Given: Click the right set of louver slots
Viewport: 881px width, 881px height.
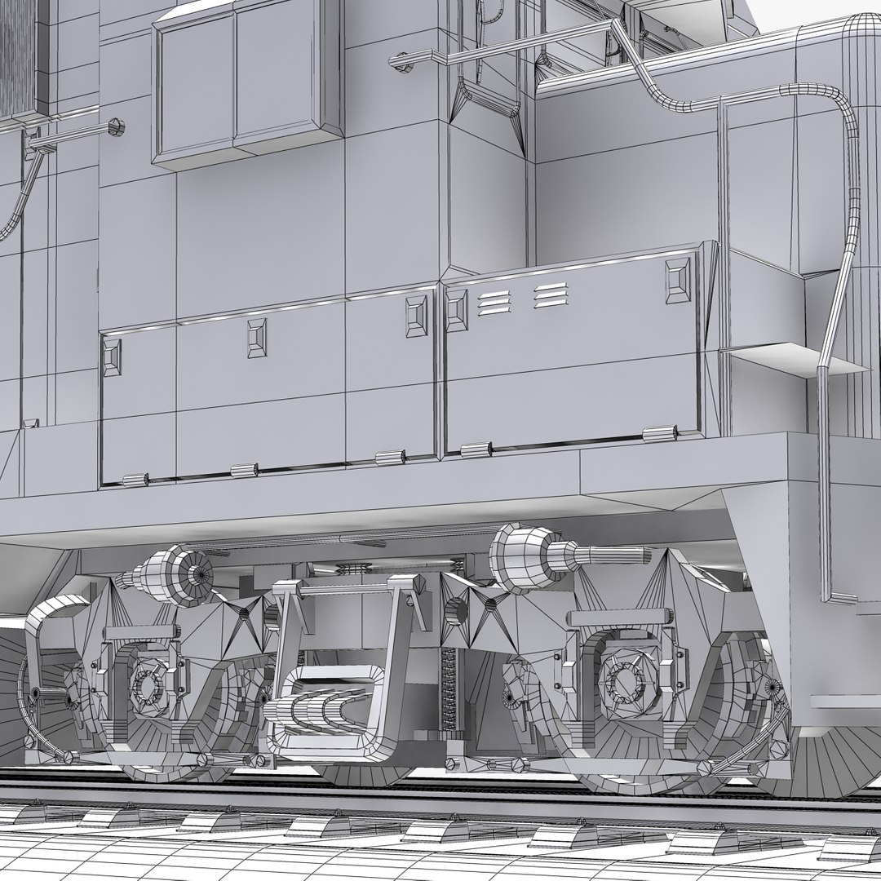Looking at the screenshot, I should pos(551,295).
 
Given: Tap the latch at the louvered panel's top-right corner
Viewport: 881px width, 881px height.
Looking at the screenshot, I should pos(678,280).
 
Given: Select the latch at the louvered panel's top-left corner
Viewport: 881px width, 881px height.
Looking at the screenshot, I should pos(457,311).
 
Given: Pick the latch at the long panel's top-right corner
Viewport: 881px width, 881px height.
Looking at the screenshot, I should pos(417,317).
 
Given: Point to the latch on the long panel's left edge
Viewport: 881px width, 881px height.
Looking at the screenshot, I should pos(112,357).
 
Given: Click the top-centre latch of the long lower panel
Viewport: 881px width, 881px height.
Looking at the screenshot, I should pos(258,337).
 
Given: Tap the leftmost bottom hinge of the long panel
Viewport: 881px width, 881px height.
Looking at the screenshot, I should pos(135,480).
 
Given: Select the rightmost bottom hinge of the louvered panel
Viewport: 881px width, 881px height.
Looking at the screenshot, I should pos(660,434).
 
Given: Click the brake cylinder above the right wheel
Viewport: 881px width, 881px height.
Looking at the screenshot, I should pos(530,556).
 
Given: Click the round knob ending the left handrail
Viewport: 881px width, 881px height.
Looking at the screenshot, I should pos(116,126).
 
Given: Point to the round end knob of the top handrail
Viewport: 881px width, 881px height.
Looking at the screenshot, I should pos(400,60).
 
